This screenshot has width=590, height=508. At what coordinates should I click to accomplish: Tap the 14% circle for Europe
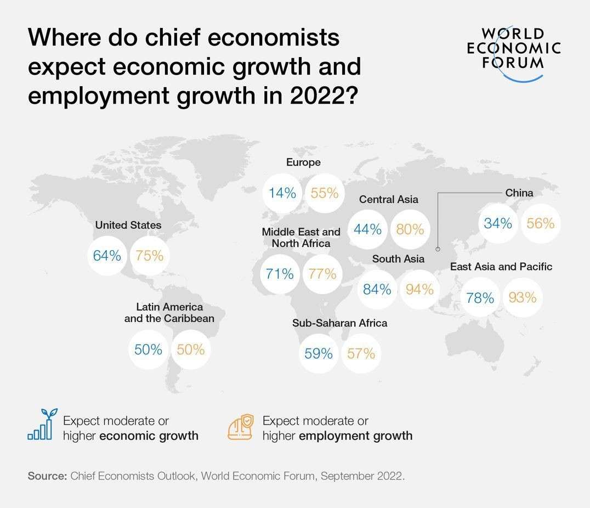pos(282,193)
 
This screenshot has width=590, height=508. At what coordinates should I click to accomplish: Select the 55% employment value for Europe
pos(325,193)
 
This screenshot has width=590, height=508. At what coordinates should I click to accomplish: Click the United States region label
pos(128,225)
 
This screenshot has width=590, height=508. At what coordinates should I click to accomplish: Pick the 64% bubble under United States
pos(107,255)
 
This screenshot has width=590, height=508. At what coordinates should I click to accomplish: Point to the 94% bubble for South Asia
pos(419,289)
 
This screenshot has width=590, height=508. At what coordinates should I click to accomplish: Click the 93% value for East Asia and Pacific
pos(522,297)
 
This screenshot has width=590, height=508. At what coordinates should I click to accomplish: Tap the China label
pos(519,193)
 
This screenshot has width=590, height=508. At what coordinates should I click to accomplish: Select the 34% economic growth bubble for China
pos(498,223)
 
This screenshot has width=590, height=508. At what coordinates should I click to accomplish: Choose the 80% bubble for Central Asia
pos(410,229)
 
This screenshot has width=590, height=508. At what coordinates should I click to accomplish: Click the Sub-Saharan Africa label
pos(339,323)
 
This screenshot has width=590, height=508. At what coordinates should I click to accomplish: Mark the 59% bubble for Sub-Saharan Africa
pos(319,354)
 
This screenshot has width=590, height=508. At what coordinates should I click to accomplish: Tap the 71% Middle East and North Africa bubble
pos(280,273)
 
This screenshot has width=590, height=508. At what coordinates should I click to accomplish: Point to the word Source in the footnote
pos(47,476)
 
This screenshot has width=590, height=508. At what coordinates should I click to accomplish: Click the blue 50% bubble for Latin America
pos(149,349)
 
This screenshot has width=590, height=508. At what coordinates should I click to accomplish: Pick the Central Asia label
pos(388,199)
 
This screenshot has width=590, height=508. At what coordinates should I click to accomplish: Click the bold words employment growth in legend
pos(355,436)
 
